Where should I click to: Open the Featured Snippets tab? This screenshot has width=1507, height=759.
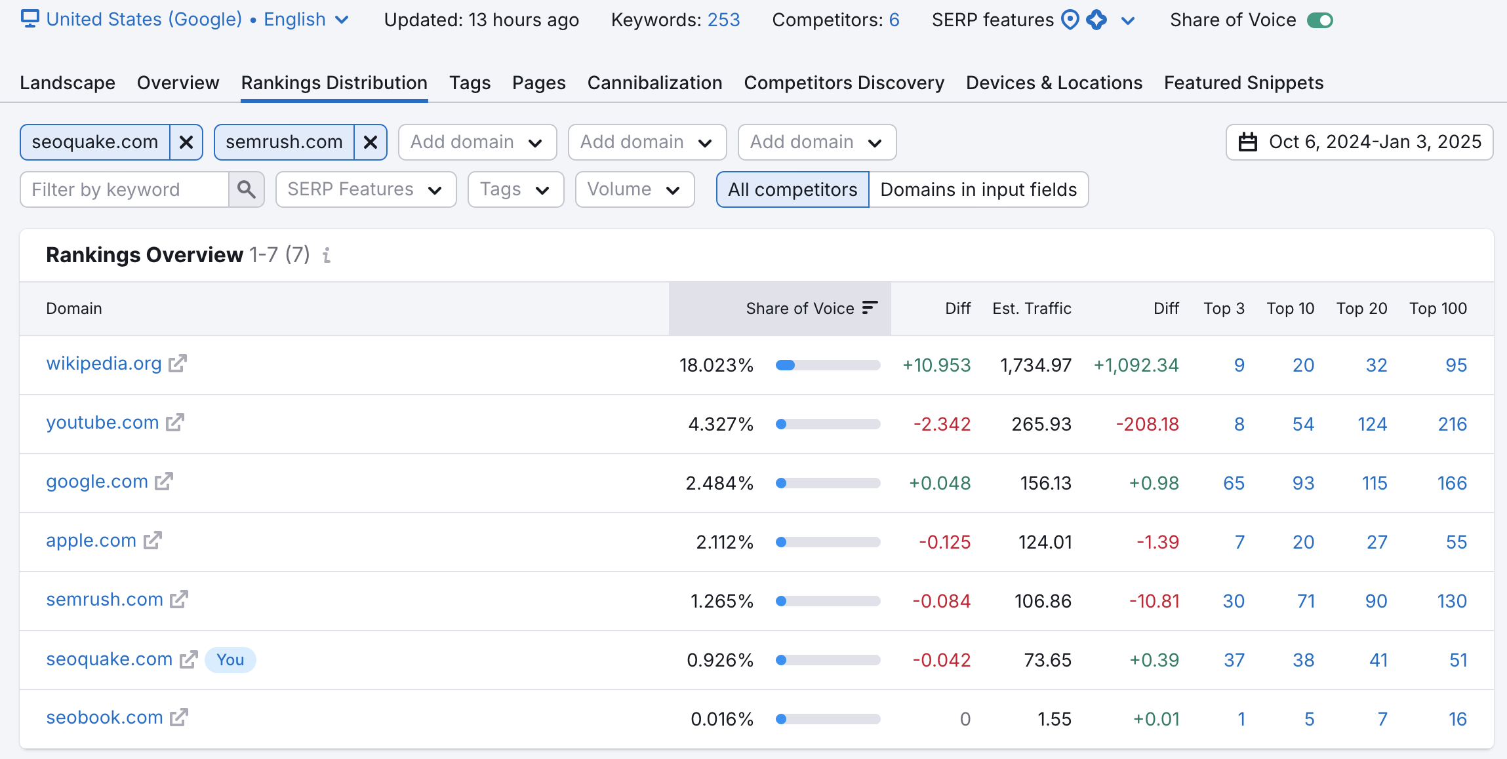pyautogui.click(x=1243, y=83)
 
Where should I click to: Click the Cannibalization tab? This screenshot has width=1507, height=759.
pyautogui.click(x=654, y=83)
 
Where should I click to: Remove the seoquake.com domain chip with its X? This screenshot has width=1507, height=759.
pyautogui.click(x=186, y=142)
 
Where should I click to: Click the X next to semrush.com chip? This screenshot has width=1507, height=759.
pyautogui.click(x=371, y=142)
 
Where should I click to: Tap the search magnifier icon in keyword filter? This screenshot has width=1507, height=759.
pyautogui.click(x=247, y=189)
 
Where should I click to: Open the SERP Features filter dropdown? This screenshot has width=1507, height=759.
pyautogui.click(x=365, y=189)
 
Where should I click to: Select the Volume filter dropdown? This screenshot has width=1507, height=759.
pyautogui.click(x=634, y=189)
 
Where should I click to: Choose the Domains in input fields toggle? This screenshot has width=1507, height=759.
pyautogui.click(x=978, y=189)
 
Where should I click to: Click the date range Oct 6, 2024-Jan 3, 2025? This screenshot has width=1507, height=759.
pyautogui.click(x=1359, y=142)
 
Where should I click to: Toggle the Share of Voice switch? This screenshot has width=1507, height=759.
pyautogui.click(x=1319, y=20)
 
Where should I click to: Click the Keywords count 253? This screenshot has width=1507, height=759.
pyautogui.click(x=723, y=20)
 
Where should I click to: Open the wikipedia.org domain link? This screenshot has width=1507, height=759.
pyautogui.click(x=104, y=364)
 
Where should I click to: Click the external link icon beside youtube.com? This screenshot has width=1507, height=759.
pyautogui.click(x=175, y=423)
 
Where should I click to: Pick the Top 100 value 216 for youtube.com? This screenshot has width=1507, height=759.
pyautogui.click(x=1452, y=425)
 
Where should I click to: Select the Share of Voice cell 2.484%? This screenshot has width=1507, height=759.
pyautogui.click(x=719, y=484)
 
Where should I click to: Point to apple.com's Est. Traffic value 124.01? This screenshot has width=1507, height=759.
pyautogui.click(x=1045, y=543)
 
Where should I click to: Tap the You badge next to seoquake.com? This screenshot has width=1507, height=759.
pyautogui.click(x=230, y=660)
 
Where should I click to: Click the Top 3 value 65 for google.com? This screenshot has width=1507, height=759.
pyautogui.click(x=1234, y=484)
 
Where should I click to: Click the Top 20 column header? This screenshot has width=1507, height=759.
pyautogui.click(x=1361, y=309)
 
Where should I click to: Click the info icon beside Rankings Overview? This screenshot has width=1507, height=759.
pyautogui.click(x=327, y=255)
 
